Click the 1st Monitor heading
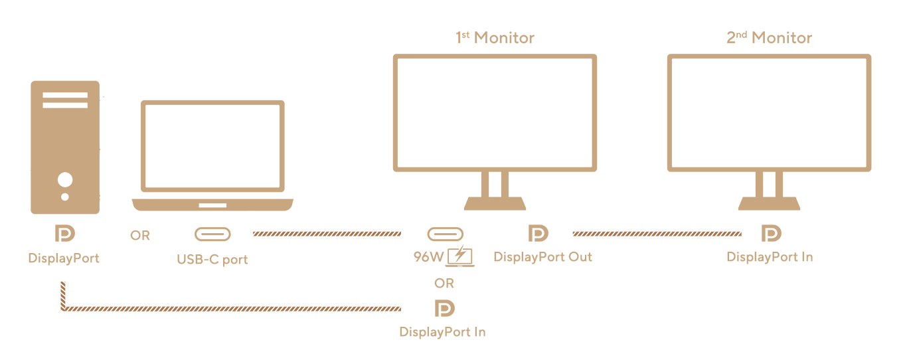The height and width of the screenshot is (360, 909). click(495, 37)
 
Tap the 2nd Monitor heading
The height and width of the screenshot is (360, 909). click(769, 37)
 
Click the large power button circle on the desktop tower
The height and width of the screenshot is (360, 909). click(65, 179)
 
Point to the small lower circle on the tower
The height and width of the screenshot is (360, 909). click(65, 197)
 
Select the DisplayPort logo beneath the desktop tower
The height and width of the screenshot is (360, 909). click(65, 233)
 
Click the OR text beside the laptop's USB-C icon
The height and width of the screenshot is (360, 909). click(140, 235)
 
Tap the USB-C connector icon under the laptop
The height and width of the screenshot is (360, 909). click(212, 234)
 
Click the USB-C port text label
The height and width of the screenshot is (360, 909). click(212, 259)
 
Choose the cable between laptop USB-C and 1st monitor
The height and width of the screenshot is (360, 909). click(327, 234)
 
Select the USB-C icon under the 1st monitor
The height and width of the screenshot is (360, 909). click(445, 234)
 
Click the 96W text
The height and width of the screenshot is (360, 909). click(428, 257)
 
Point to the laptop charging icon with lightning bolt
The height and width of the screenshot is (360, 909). click(459, 256)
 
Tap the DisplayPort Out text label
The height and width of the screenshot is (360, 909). click(542, 257)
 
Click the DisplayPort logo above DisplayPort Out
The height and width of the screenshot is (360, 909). click(538, 233)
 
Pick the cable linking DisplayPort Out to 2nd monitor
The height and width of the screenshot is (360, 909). click(657, 234)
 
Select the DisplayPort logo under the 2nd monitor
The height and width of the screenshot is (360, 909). click(771, 233)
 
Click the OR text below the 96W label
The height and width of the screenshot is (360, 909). click(444, 284)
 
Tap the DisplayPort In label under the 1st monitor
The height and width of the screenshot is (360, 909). click(442, 332)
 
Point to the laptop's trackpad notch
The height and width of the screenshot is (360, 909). click(212, 205)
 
